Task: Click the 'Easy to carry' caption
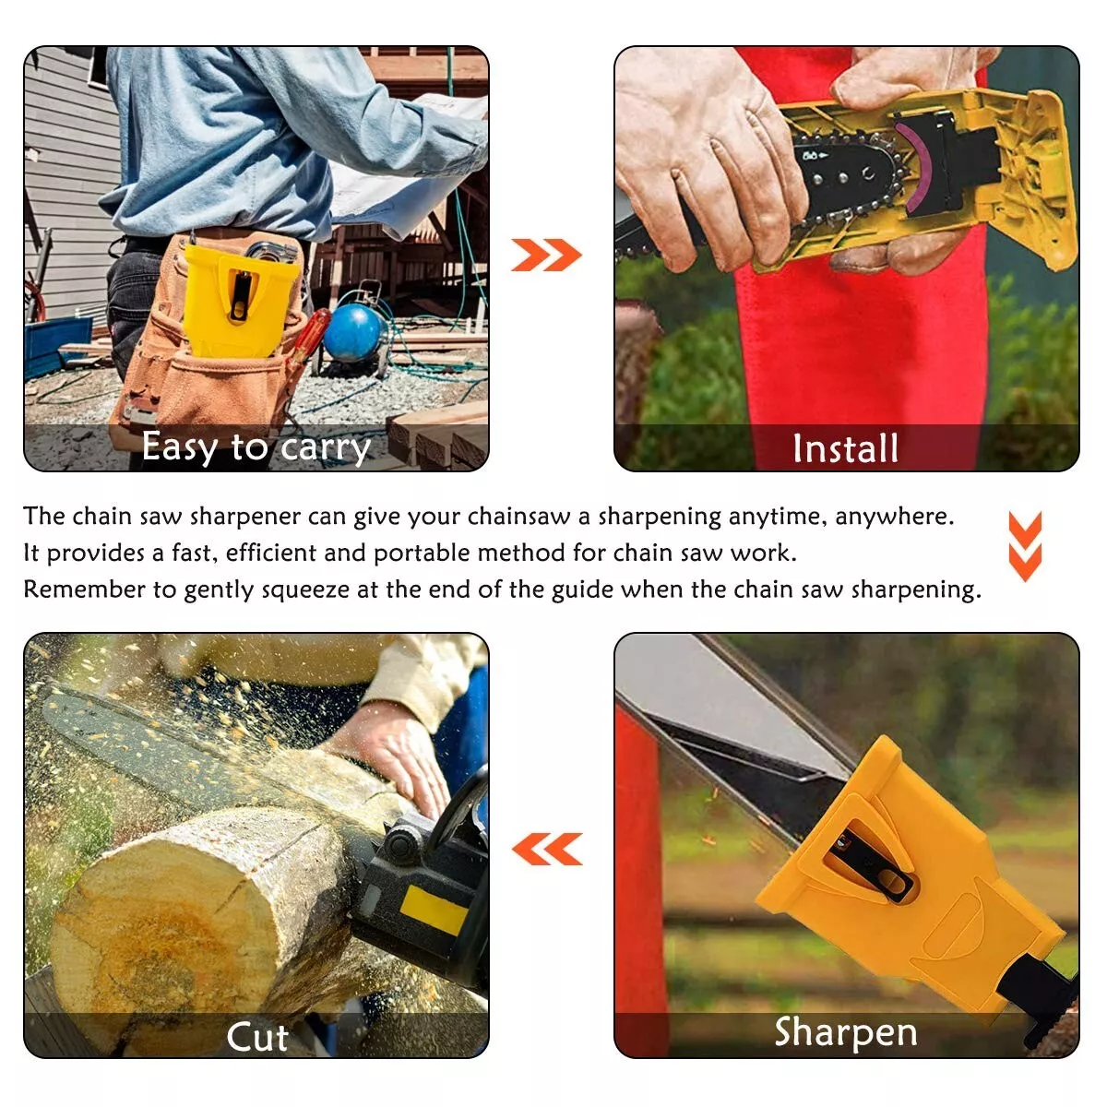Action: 256,447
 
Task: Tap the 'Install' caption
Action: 845,449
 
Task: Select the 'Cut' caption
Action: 257,1037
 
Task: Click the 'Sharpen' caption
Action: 846,1032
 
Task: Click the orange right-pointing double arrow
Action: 546,255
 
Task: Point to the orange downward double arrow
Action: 1025,546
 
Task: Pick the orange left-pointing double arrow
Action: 547,849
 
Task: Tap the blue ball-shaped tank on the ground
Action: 353,332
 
